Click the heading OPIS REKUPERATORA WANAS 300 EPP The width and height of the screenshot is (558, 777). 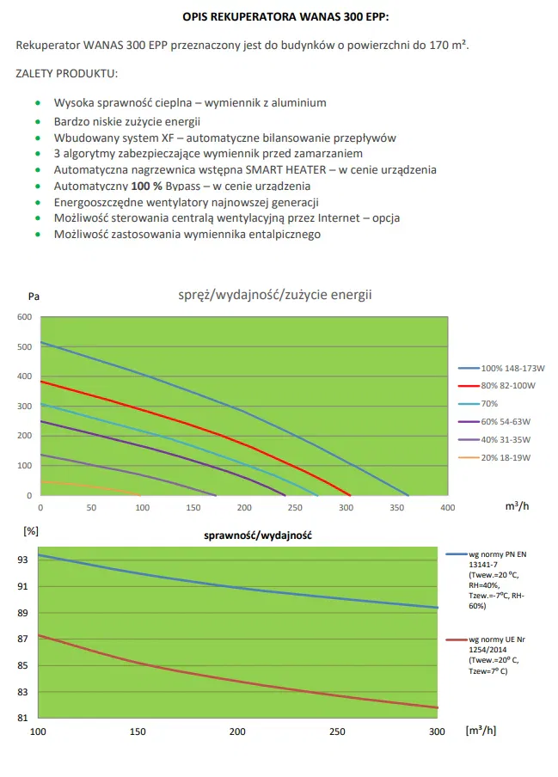pyautogui.click(x=286, y=15)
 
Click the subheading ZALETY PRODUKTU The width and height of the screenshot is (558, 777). pyautogui.click(x=67, y=73)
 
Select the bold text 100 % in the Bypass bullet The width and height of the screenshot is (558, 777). pyautogui.click(x=149, y=186)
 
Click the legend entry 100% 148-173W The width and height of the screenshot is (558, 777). pyautogui.click(x=513, y=368)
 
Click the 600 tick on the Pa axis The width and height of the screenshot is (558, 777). pyautogui.click(x=23, y=317)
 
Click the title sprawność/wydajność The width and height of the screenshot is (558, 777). pyautogui.click(x=257, y=535)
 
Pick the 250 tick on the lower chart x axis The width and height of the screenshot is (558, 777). pyautogui.click(x=337, y=731)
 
